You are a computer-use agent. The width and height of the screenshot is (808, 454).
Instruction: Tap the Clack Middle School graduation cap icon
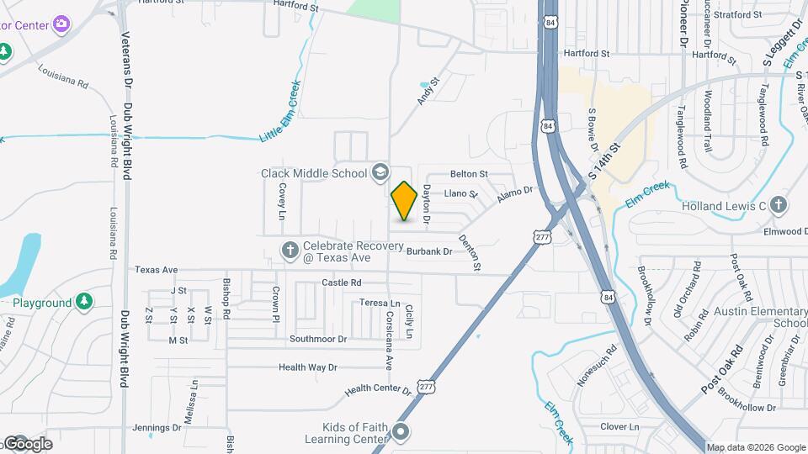[380, 172]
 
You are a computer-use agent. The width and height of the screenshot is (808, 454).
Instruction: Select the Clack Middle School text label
[313, 173]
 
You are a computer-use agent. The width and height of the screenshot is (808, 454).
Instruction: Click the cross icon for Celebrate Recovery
[290, 249]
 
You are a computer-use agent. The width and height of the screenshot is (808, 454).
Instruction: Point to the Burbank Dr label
[429, 251]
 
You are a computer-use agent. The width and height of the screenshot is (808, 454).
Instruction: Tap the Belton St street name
[469, 174]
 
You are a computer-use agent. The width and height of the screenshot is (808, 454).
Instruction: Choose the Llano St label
[460, 193]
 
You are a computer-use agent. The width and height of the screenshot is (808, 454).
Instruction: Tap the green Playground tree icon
[83, 301]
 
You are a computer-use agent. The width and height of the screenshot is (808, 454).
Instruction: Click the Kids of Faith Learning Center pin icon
[401, 433]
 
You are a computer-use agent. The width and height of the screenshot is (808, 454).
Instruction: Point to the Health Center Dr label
[378, 391]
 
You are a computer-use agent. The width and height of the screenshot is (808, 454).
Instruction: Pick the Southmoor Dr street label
[318, 339]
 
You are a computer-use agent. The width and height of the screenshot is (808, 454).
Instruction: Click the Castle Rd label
[341, 282]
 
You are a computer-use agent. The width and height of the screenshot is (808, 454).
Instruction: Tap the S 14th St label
[604, 163]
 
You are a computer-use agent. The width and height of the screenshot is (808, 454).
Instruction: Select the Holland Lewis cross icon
[779, 205]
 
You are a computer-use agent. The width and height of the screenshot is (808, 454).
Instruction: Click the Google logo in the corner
[29, 443]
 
